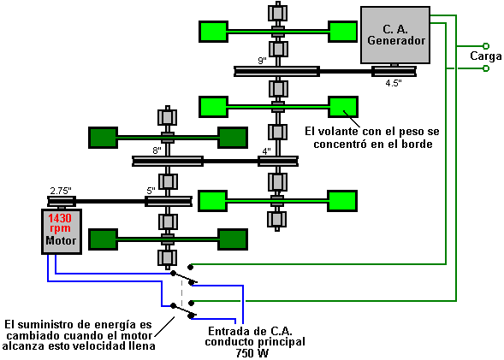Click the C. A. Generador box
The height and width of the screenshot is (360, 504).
click(x=395, y=35)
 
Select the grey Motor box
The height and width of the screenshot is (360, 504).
click(x=62, y=232)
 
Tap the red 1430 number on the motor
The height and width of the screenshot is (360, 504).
click(x=60, y=218)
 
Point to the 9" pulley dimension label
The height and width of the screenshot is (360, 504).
click(x=263, y=61)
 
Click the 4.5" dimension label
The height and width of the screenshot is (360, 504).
click(x=394, y=83)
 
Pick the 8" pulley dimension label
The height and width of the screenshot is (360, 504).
click(x=157, y=150)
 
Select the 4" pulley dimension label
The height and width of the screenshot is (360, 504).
click(x=266, y=151)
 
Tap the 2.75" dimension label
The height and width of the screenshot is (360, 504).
click(x=61, y=191)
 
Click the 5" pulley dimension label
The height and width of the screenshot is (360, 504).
click(x=151, y=191)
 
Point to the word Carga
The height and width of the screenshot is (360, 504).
click(x=486, y=56)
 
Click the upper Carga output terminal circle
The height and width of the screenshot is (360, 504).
click(x=486, y=46)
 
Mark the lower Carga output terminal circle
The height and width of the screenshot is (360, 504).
click(x=486, y=68)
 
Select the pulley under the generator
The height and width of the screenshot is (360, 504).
click(x=394, y=71)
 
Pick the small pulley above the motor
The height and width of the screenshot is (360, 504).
click(x=62, y=201)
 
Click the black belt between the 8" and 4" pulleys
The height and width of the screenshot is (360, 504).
click(x=230, y=162)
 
